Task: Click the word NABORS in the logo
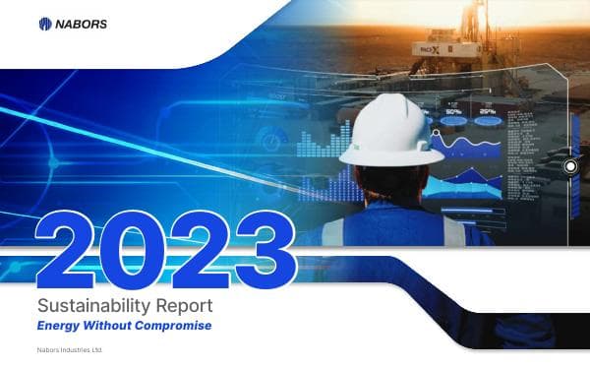coord(85,24)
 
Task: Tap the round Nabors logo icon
coord(45,24)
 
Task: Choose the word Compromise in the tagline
coord(178,325)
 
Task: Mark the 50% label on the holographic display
coord(455,112)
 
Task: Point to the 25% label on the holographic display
coord(486,112)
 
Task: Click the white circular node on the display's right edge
coord(569,167)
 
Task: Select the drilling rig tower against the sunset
coord(477,25)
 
